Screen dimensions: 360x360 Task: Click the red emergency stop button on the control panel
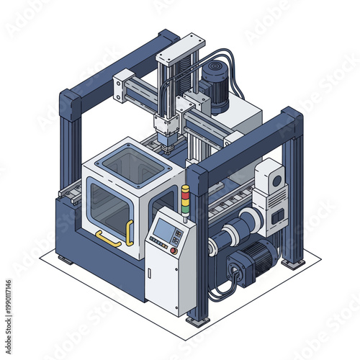(174, 251)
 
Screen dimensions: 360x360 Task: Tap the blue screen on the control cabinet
(164, 231)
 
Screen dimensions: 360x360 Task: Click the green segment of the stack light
(184, 204)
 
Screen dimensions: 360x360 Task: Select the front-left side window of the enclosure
(109, 204)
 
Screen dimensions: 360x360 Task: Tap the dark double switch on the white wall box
(277, 215)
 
